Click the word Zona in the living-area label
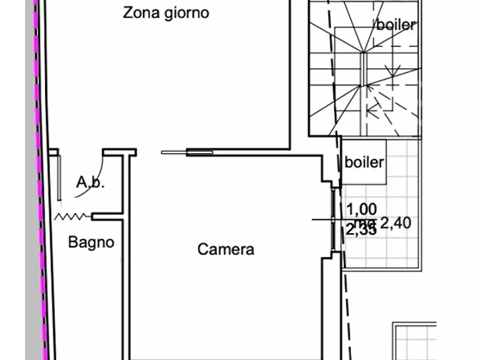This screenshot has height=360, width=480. (138, 13)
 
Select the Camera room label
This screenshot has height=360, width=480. (226, 250)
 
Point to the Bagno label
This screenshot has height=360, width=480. (91, 242)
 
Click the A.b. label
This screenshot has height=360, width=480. (90, 183)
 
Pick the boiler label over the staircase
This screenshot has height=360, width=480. (396, 25)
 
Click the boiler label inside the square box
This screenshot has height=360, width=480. (364, 162)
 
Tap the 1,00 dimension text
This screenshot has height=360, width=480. (362, 209)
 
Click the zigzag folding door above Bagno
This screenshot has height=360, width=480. (73, 217)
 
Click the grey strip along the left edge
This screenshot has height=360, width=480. (31, 215)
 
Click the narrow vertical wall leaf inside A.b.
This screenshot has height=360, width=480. (58, 177)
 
